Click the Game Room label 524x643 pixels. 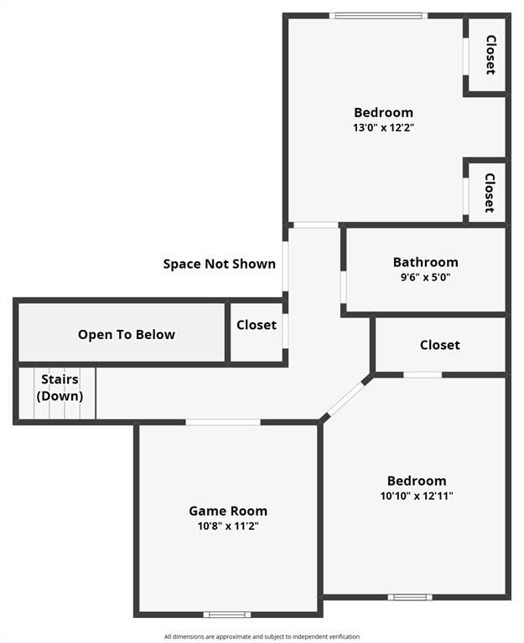pos(228,511)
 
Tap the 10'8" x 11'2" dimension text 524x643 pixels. pos(228,527)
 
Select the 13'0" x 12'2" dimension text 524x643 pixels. pos(383,128)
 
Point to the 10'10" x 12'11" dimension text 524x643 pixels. pos(417,496)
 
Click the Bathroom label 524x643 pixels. pos(425,262)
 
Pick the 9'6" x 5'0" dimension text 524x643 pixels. pos(425,277)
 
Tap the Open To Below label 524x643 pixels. pos(127,334)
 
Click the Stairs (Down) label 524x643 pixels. pos(59,388)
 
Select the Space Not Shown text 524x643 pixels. pos(219,264)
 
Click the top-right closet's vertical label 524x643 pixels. pos(490,54)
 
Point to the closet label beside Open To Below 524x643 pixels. pos(257,325)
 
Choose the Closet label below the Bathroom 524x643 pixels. pos(440,344)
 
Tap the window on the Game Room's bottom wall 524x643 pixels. pos(227,615)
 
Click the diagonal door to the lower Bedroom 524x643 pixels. pos(345,398)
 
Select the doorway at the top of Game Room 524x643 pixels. pos(223,422)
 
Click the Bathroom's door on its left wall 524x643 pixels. pos(343,285)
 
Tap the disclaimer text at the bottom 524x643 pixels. pos(262,636)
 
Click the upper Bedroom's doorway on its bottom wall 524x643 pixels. pos(315,224)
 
